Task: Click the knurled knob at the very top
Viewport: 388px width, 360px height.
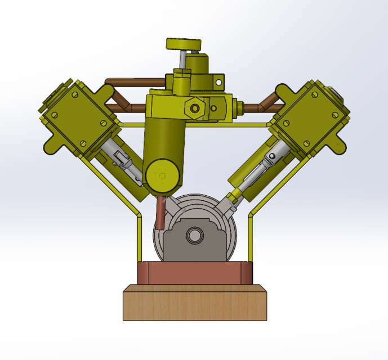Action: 183,44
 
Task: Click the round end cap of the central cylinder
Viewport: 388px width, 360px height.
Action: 163,176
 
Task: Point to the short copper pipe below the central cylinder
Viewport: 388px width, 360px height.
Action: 160,214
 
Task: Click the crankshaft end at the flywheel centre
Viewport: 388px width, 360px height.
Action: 194,235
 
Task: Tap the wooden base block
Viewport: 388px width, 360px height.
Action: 194,304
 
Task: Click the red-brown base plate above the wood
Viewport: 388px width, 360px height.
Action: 194,273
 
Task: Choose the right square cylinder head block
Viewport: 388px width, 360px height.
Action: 310,115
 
